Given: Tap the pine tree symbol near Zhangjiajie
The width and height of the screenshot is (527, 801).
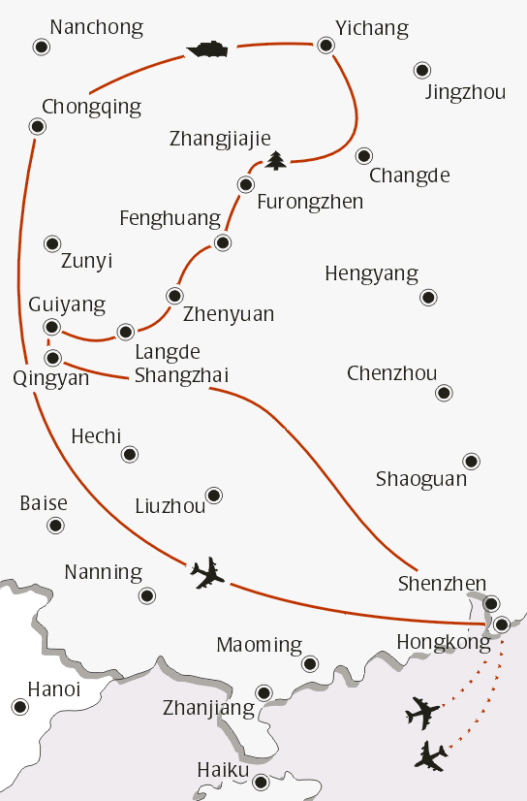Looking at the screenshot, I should click(277, 159).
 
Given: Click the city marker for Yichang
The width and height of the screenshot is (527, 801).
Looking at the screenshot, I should click(325, 44).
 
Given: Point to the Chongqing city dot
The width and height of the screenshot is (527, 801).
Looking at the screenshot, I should click(37, 125).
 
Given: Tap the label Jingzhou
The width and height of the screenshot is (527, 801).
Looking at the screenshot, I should click(465, 93).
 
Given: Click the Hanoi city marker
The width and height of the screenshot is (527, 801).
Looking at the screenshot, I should click(18, 708).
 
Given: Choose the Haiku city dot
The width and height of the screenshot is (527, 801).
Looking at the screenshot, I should click(260, 782).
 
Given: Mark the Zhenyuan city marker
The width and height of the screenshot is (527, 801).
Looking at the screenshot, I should click(174, 295).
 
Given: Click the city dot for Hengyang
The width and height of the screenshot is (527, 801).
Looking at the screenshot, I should click(428, 297).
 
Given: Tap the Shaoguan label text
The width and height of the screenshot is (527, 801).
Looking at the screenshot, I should click(421, 479).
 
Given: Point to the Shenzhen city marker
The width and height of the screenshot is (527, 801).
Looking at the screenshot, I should click(492, 603).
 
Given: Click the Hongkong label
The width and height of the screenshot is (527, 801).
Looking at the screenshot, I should click(444, 642).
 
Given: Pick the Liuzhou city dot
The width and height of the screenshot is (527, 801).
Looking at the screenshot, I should click(214, 495).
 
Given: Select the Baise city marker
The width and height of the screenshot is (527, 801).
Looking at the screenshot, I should click(54, 526).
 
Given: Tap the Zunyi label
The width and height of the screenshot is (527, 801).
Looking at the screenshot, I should click(86, 261).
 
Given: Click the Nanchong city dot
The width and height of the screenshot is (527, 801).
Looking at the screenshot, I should click(40, 46).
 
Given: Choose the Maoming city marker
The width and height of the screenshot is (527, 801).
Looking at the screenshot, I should click(310, 663).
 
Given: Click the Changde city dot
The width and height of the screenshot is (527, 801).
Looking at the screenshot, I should click(364, 155).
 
